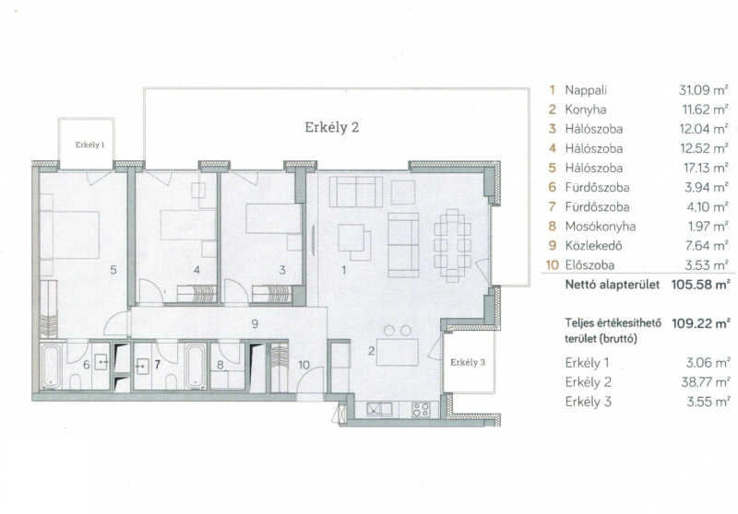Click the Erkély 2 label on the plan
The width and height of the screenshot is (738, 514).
click(332, 127)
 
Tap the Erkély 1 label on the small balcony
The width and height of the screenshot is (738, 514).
click(89, 145)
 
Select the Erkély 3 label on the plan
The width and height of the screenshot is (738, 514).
click(468, 362)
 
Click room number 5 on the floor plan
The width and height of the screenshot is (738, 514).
click(113, 270)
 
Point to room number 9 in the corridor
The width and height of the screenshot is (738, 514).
click(255, 323)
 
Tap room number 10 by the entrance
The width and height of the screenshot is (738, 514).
click(304, 365)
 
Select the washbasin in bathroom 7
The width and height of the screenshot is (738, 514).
click(142, 365)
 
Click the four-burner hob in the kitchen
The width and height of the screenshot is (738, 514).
click(421, 410)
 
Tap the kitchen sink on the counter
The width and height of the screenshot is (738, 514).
click(380, 409)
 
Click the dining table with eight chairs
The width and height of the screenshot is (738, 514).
click(452, 245)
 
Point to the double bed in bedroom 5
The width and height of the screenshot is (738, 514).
click(70, 235)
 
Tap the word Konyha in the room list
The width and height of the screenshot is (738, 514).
click(586, 110)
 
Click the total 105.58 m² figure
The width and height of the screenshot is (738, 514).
click(701, 285)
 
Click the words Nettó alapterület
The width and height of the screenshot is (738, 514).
click(613, 285)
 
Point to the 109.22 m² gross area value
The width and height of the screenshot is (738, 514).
click(701, 323)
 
